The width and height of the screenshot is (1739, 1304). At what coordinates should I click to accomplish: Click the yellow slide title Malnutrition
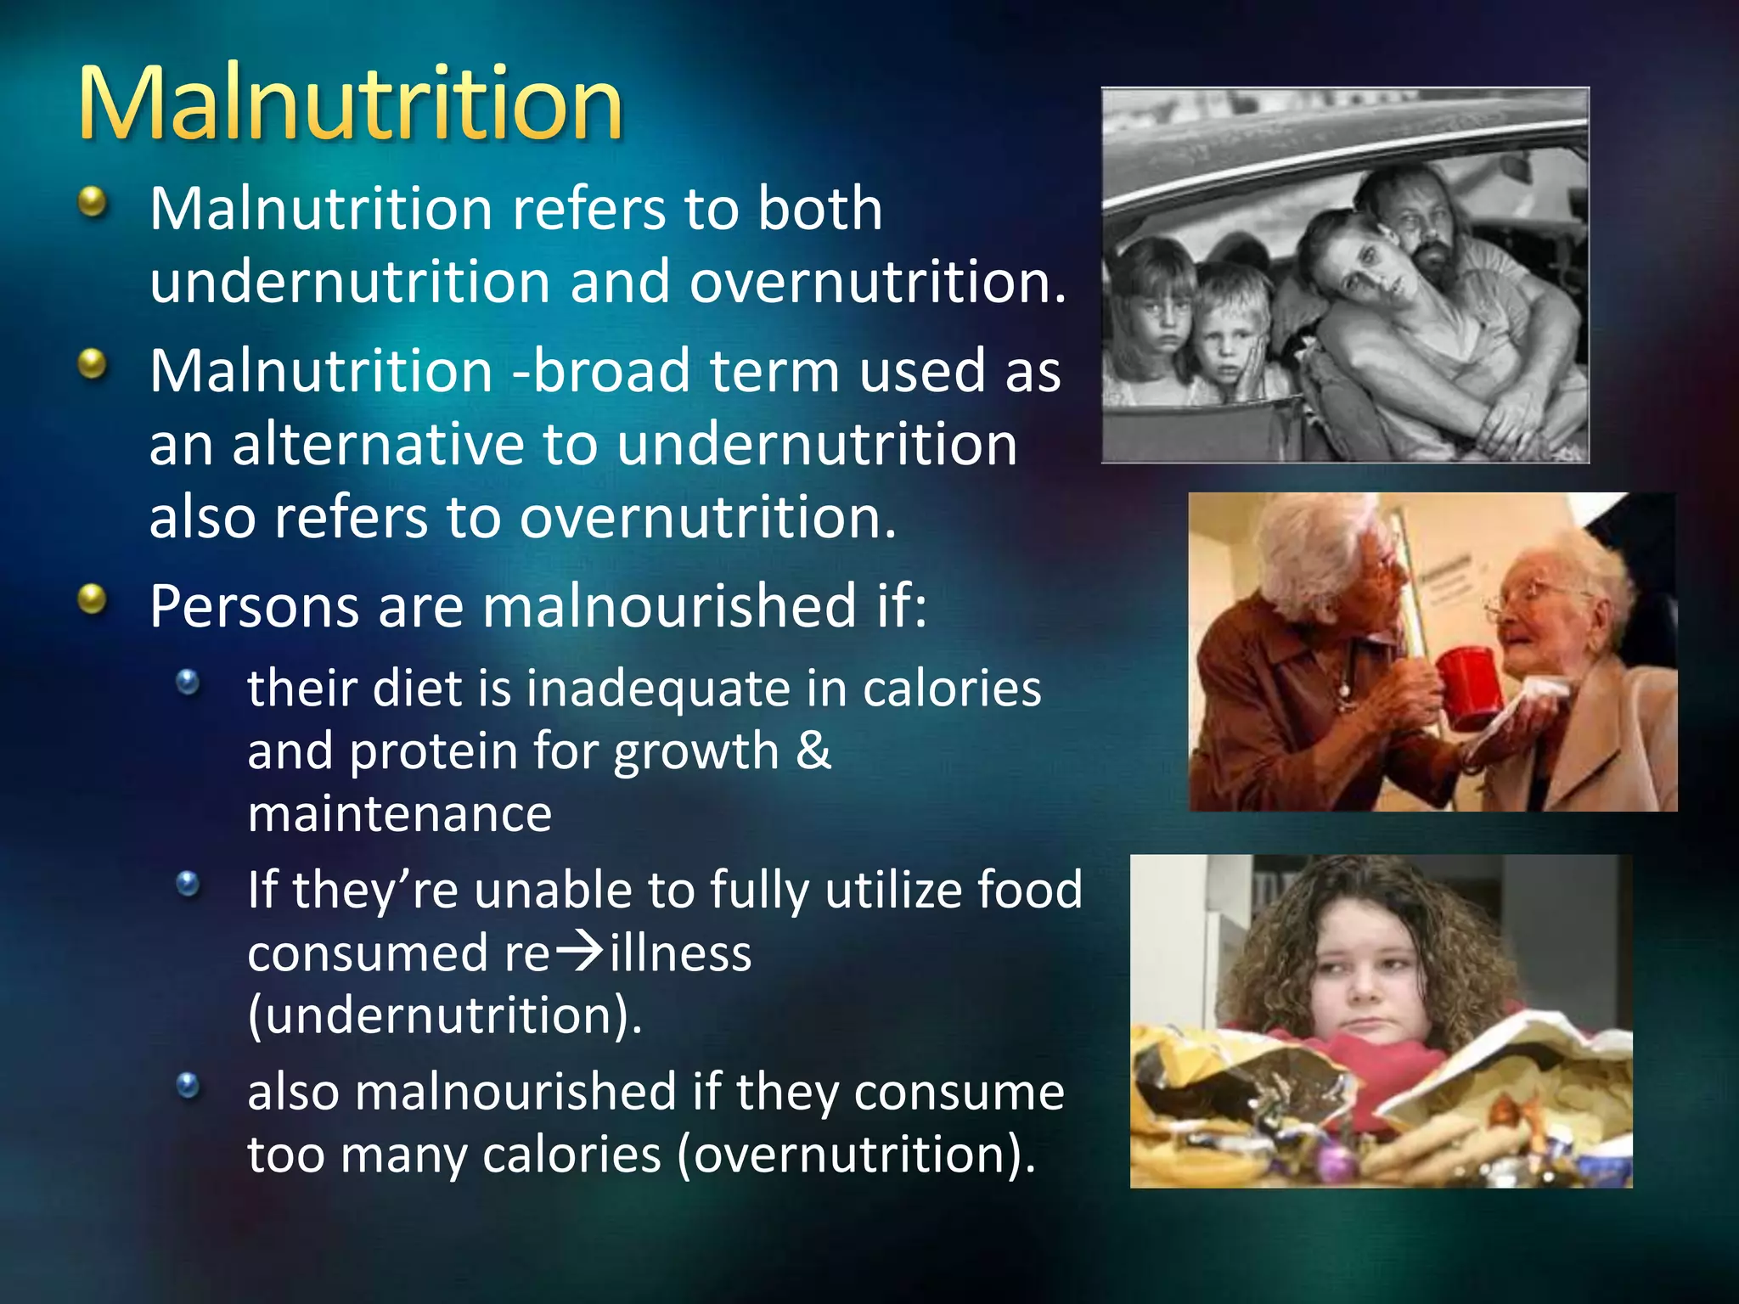[x=350, y=105]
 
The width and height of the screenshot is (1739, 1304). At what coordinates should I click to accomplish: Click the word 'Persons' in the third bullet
[x=254, y=606]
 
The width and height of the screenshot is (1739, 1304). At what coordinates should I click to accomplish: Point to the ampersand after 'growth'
[x=813, y=750]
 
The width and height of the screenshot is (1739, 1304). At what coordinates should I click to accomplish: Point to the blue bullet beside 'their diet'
[x=188, y=682]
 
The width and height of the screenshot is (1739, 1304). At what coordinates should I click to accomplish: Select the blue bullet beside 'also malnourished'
[x=188, y=1085]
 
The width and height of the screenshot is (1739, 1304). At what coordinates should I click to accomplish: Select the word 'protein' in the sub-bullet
[x=433, y=752]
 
